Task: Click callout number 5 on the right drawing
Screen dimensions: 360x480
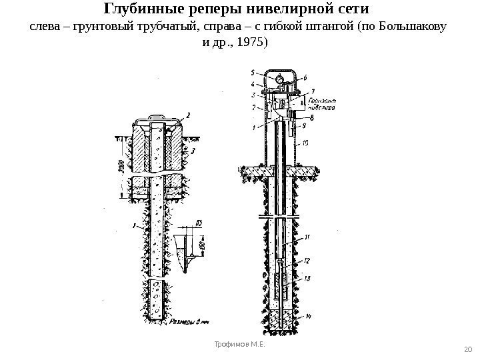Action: (253, 72)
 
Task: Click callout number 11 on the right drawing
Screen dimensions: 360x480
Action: (306, 237)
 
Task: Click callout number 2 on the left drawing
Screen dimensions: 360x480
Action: (189, 115)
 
